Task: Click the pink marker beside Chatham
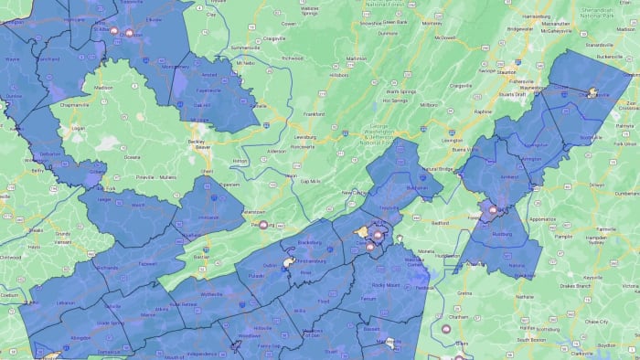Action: pyautogui.click(x=446, y=330)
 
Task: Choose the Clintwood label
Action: pyautogui.click(x=11, y=257)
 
